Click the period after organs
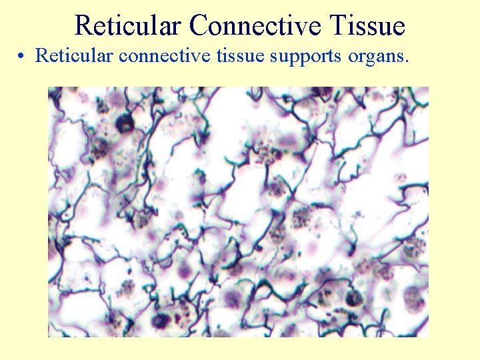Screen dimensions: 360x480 (x=406, y=61)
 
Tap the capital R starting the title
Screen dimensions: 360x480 (x=83, y=26)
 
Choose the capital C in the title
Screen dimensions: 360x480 (x=198, y=26)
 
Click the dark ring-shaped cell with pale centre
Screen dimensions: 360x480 (x=125, y=122)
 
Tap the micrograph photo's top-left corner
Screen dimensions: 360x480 (x=48, y=87)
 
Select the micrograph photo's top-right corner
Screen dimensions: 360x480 (x=429, y=87)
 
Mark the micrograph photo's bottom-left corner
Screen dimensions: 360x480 (x=48, y=337)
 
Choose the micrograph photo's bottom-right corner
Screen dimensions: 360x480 (x=429, y=337)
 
